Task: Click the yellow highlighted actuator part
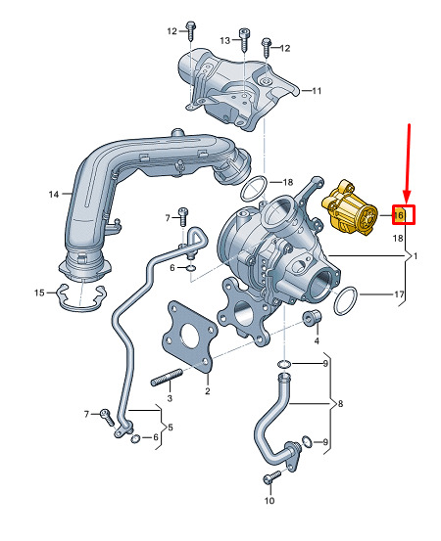point(349,208)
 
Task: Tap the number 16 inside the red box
point(399,215)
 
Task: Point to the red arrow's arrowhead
point(406,198)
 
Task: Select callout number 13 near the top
point(225,40)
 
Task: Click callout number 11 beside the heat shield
point(317,91)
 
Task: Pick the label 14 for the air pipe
point(54,195)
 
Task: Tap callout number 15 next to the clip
point(39,293)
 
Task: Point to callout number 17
point(399,294)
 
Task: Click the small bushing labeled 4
point(312,318)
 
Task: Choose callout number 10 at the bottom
point(269,500)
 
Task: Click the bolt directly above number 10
point(272,477)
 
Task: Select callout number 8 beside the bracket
point(340,403)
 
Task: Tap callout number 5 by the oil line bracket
point(171,428)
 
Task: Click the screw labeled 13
point(245,40)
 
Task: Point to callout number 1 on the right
point(416,256)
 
